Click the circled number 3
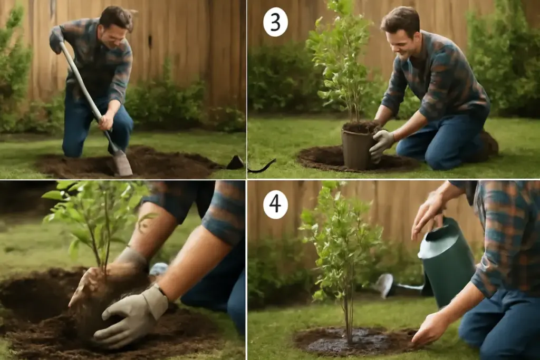[x=275, y=22]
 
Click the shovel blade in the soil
[x=122, y=163]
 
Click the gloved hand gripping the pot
[x=381, y=144]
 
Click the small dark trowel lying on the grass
[x=236, y=162]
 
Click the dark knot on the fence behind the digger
[x=150, y=40]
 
